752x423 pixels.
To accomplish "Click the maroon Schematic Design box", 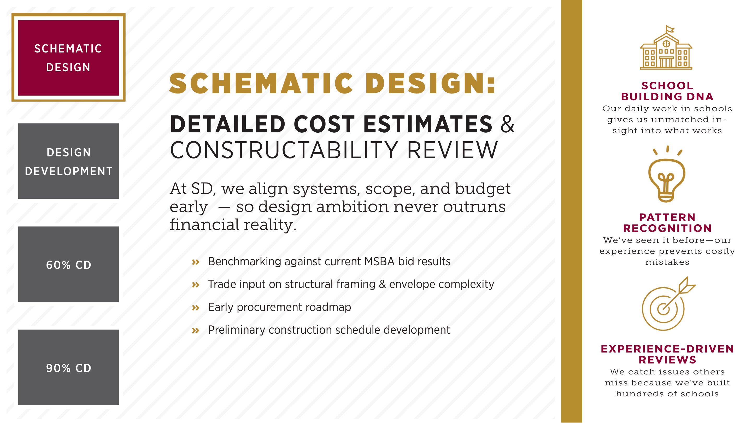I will click(68, 57).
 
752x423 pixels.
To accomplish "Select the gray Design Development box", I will click(68, 161).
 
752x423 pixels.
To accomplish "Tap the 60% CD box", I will click(68, 264).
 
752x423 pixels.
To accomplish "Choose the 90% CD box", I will click(68, 367).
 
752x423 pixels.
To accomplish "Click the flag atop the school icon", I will click(670, 29).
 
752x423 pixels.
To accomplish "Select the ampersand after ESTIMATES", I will click(507, 124).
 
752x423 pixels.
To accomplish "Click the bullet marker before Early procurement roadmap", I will click(196, 308).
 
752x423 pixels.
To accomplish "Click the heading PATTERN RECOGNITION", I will click(667, 223).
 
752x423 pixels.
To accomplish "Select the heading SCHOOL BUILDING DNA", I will click(667, 91).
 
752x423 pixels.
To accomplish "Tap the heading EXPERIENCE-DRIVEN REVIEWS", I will click(667, 354).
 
